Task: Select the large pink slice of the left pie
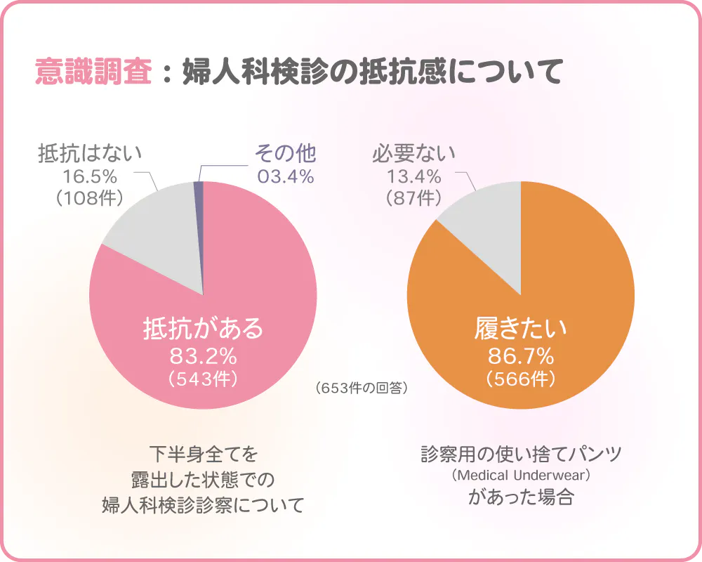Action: (x=253, y=281)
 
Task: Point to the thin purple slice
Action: (x=199, y=211)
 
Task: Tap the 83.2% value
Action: (x=203, y=355)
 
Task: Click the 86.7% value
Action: (x=521, y=355)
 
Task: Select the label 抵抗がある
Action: (x=203, y=328)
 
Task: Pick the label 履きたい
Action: (x=521, y=328)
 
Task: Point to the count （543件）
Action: (x=203, y=379)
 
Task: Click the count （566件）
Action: (x=521, y=379)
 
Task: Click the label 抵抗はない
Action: (x=90, y=152)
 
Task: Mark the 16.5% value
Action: (x=90, y=176)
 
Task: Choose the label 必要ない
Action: (x=414, y=152)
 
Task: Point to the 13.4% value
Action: (x=414, y=176)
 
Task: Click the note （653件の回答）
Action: (x=362, y=388)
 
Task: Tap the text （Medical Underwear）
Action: (x=521, y=476)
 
